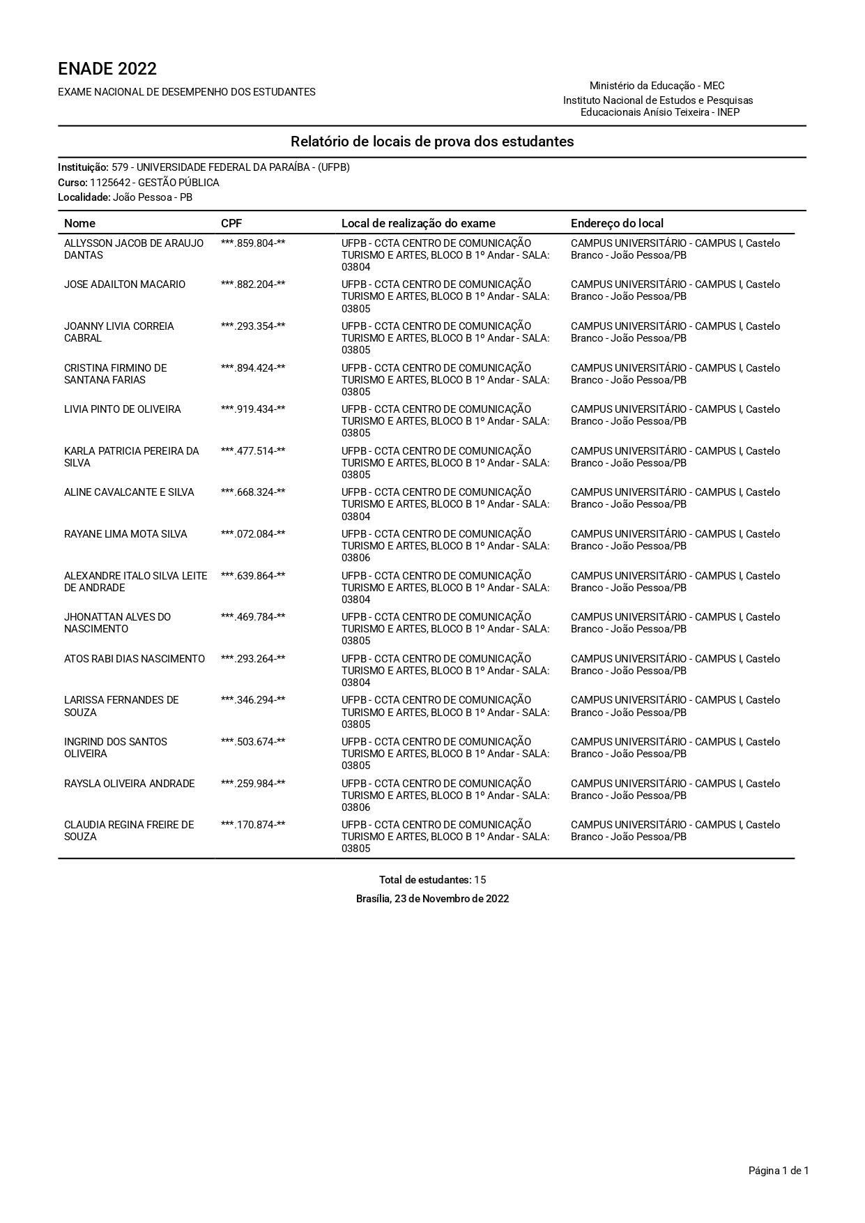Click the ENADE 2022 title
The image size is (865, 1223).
click(107, 69)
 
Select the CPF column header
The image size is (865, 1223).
click(231, 223)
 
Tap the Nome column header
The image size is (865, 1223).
click(79, 223)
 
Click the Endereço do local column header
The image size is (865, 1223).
click(617, 223)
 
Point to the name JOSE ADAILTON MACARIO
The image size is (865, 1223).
click(125, 284)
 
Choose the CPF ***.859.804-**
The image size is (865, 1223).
click(253, 243)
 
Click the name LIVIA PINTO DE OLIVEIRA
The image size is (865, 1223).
click(123, 409)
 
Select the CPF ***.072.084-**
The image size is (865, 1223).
click(253, 534)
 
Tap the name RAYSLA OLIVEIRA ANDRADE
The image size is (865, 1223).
click(130, 784)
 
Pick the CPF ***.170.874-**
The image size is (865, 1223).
click(253, 825)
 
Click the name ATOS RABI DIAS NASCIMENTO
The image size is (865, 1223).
click(135, 659)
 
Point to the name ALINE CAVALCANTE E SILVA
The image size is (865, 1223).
click(129, 492)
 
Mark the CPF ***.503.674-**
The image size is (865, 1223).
click(253, 742)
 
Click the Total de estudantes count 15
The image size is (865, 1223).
click(480, 880)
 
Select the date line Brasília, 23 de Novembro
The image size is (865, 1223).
click(432, 899)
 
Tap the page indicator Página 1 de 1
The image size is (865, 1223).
click(779, 1171)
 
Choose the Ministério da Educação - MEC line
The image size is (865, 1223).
click(657, 86)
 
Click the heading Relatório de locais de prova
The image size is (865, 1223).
click(432, 142)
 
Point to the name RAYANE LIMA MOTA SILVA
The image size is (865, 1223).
click(125, 534)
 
